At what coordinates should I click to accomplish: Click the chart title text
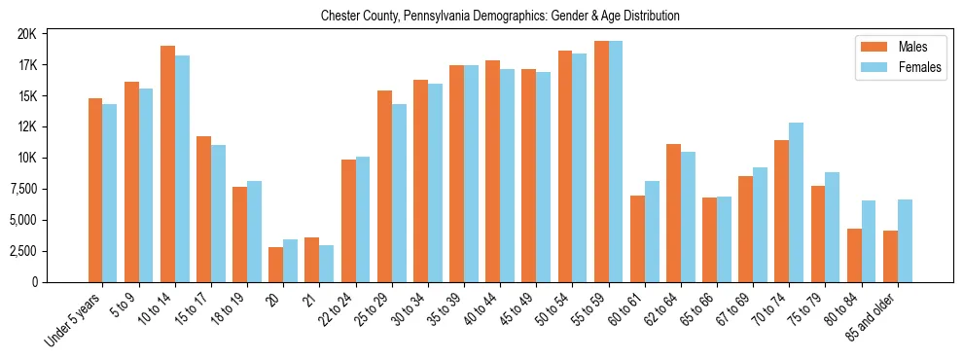click(500, 17)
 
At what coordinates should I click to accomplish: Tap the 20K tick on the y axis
click(26, 34)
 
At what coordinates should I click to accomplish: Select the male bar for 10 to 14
click(167, 163)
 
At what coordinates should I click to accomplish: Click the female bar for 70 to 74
click(797, 202)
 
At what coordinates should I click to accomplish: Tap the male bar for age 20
click(276, 265)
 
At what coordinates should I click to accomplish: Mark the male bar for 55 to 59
click(601, 162)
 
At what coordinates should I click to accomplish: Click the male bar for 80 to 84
click(854, 255)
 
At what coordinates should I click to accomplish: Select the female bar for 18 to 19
click(254, 232)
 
